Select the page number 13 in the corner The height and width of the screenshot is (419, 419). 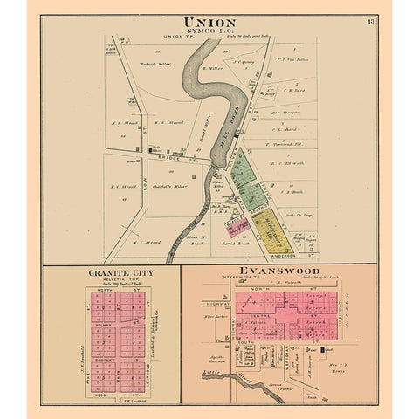[x=371, y=21]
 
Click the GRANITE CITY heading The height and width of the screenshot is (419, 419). [x=111, y=272]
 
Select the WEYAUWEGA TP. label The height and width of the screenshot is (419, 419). [x=229, y=281]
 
